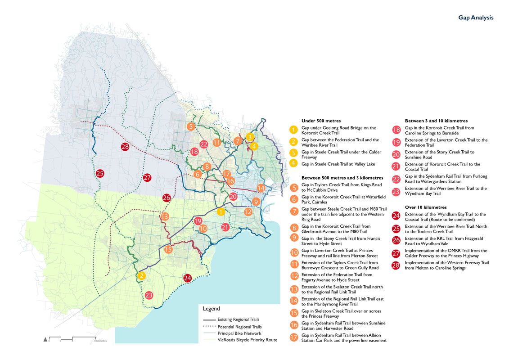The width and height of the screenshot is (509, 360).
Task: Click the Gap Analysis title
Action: point(476,18)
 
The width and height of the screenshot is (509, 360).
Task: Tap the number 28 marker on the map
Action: point(125,146)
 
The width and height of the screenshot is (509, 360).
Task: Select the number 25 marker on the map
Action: point(100,173)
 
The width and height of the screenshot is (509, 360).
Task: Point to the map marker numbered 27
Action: point(147,177)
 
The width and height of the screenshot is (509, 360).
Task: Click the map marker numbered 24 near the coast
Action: point(188,278)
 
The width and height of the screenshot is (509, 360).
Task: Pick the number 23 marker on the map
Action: point(149,295)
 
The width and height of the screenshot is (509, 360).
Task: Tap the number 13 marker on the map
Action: point(165,216)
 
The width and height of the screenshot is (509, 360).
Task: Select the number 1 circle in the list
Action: point(293,130)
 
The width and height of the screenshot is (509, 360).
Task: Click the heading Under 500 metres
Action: point(321,121)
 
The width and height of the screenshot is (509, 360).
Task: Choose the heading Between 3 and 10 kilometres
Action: point(436,121)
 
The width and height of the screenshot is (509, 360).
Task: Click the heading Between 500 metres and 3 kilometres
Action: point(342,178)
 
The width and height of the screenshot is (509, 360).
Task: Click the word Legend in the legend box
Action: point(212,309)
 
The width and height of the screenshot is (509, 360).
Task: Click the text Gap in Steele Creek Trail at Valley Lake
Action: point(338,164)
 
